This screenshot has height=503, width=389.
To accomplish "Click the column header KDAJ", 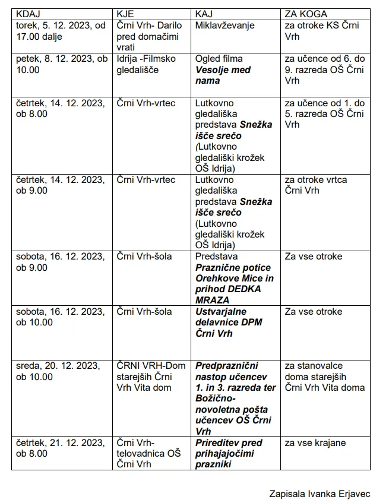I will coord(29,14).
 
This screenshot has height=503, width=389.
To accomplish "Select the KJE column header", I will coord(126,14).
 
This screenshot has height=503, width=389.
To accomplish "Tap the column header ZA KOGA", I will coord(306,14).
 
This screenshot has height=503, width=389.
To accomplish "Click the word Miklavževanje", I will coord(225,26).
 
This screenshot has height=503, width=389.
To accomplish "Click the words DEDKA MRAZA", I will coord(228,295).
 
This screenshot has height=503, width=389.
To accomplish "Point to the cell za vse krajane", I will coord(315,443).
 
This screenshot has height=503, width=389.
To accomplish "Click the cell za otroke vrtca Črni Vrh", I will coord(315,185).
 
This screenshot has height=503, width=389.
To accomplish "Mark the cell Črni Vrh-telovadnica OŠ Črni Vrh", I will coord(148,453).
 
